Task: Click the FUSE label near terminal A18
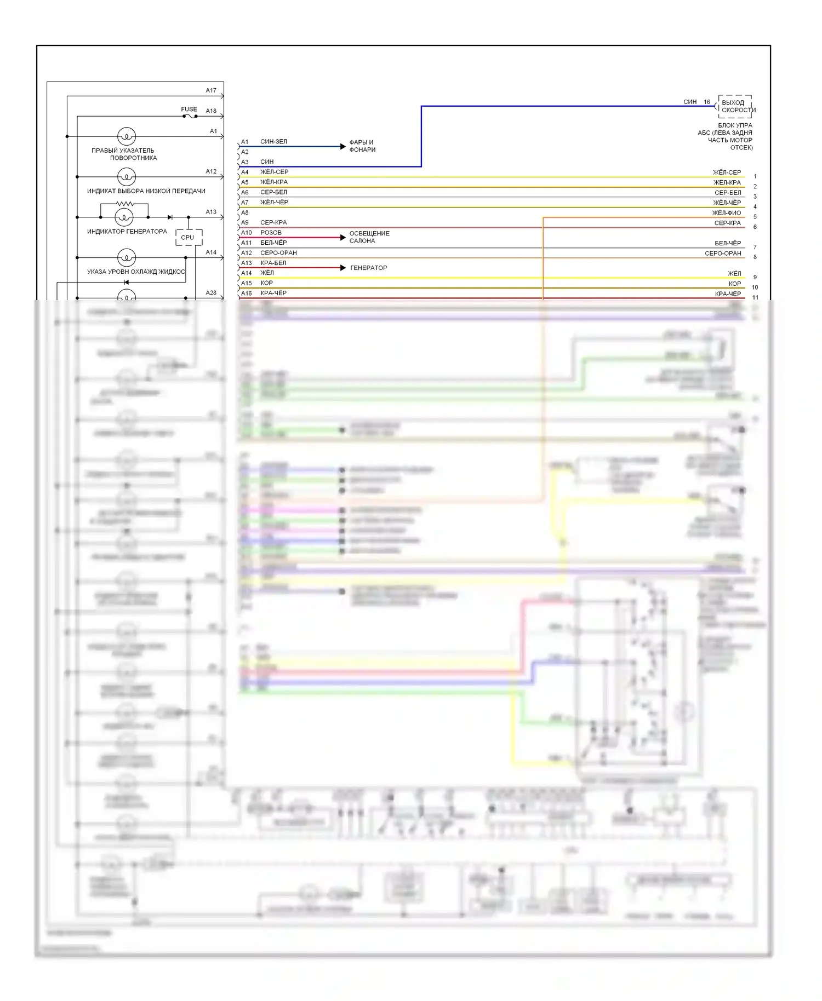(189, 109)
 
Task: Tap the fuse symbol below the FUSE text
(190, 116)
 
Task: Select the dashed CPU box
(189, 237)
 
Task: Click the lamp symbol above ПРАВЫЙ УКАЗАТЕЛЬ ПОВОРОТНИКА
(127, 136)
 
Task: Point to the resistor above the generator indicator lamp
(124, 204)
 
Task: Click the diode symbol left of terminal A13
(170, 217)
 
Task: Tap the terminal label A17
(211, 90)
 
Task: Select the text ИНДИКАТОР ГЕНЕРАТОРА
(127, 232)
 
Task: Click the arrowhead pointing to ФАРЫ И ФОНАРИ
(343, 146)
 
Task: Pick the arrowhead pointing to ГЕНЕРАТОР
(343, 268)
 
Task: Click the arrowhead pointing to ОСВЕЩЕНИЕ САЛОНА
(343, 237)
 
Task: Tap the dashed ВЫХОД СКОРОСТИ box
(735, 106)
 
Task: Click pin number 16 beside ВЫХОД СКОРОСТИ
(707, 102)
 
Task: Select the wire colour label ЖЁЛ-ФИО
(726, 213)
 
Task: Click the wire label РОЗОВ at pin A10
(271, 233)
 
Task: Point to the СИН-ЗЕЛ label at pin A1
(273, 142)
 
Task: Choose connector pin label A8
(245, 212)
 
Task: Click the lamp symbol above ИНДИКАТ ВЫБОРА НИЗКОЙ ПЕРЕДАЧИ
(127, 176)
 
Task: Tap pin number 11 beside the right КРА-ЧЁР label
(755, 297)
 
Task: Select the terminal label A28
(211, 293)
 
